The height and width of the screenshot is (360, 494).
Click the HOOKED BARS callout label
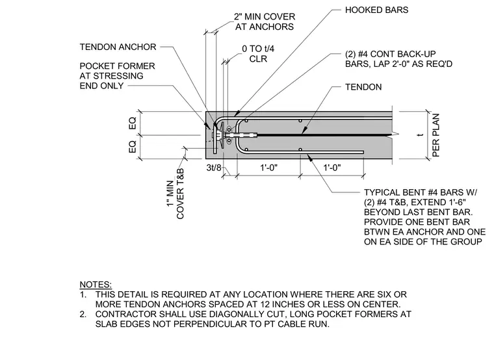pyautogui.click(x=376, y=10)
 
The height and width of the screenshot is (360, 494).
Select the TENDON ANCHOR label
pyautogui.click(x=118, y=47)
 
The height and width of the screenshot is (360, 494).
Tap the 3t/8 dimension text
pyautogui.click(x=214, y=168)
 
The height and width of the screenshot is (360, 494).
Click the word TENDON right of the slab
pyautogui.click(x=363, y=87)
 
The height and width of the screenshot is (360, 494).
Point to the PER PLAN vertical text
pyautogui.click(x=435, y=135)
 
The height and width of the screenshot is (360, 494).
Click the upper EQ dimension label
pyautogui.click(x=133, y=123)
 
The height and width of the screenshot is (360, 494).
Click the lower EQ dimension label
pyautogui.click(x=133, y=147)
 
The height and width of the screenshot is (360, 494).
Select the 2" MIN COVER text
pyautogui.click(x=265, y=16)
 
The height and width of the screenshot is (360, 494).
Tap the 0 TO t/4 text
pyautogui.click(x=258, y=49)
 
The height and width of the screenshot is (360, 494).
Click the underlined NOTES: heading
pyautogui.click(x=96, y=285)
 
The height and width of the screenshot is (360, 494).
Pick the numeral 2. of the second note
pyautogui.click(x=83, y=315)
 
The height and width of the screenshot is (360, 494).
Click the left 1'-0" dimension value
pyautogui.click(x=268, y=168)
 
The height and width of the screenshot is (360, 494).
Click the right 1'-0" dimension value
pyautogui.click(x=332, y=168)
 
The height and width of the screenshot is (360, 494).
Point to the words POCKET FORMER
pyautogui.click(x=117, y=66)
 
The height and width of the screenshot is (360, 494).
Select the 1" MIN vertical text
pyautogui.click(x=170, y=194)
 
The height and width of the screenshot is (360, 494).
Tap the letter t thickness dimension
pyautogui.click(x=420, y=135)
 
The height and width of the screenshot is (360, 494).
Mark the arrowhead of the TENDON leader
pyautogui.click(x=303, y=133)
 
